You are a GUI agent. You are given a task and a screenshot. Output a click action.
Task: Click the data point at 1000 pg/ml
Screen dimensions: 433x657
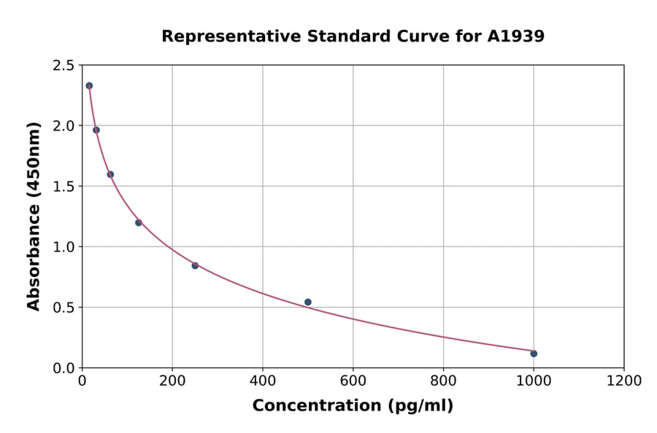534,354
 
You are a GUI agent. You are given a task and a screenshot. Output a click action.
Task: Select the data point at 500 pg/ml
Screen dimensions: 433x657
308,302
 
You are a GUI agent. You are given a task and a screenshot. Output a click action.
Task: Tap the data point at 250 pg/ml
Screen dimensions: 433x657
195,265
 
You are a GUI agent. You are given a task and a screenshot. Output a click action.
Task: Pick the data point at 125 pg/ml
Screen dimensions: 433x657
139,222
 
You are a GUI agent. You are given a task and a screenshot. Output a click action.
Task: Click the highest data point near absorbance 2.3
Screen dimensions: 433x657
89,85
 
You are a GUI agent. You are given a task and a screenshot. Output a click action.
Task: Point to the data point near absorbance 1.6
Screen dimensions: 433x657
110,174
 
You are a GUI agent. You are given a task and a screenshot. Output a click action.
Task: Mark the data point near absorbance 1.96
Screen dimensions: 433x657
96,130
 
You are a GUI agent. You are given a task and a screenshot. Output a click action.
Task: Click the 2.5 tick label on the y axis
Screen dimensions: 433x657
63,66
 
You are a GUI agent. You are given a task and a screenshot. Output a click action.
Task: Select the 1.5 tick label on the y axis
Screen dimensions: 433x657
63,187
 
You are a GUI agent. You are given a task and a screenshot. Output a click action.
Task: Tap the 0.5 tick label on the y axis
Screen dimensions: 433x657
63,308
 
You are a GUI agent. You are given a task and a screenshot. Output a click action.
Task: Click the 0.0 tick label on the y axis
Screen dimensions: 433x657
63,368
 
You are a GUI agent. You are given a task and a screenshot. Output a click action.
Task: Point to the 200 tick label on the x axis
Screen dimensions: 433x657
172,381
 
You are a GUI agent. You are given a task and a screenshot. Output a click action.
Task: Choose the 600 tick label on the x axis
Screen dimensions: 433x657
353,381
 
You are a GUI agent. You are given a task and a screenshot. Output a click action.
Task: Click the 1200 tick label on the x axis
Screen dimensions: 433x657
624,381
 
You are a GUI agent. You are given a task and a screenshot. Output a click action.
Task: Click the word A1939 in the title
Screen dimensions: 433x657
516,36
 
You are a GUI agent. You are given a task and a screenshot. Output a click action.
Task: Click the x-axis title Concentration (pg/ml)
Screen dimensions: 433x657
353,406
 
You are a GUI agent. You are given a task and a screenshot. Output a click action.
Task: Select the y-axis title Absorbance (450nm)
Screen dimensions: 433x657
34,216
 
